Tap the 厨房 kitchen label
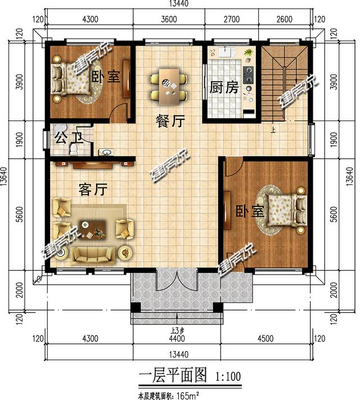224,88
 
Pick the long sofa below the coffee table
93,254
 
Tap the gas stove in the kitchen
248,73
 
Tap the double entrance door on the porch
177,280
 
